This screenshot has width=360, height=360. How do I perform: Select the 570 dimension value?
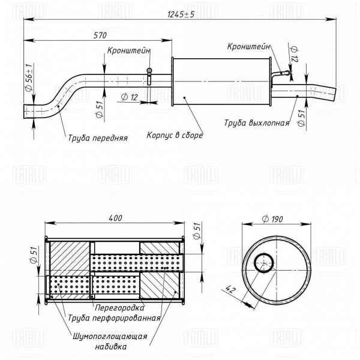[x=100, y=35]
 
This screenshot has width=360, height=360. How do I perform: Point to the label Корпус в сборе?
[x=175, y=135]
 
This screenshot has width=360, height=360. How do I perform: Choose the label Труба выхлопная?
[x=257, y=123]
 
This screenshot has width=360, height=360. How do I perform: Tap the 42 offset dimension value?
[x=231, y=290]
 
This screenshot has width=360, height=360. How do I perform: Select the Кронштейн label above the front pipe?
[x=129, y=52]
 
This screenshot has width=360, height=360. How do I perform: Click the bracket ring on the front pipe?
[x=149, y=73]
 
